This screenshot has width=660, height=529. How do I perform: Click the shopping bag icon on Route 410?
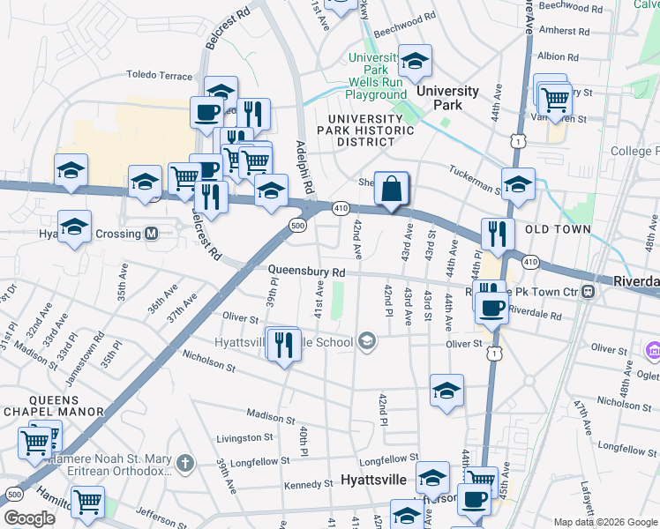pos(391,188)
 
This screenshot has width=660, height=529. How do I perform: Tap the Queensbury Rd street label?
pos(305,273)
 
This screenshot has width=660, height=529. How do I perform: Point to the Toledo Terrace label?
pos(159,76)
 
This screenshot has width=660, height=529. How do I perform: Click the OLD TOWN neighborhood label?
pos(558,229)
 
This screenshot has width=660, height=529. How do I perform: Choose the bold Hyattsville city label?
pos(373,481)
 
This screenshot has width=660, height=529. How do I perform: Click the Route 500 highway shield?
pos(297,226)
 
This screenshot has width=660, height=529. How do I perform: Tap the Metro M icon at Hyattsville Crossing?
pos(151,234)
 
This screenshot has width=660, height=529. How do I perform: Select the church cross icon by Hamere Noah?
pos(184,462)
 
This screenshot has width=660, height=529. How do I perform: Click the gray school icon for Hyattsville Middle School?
pos(367,341)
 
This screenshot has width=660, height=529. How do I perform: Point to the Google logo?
pos(30,518)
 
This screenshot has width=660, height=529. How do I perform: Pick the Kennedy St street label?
pos(308,486)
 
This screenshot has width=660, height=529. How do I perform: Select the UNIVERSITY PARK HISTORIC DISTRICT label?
pos(371,130)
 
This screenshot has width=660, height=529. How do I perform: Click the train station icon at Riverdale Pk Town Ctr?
pos(589,291)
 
